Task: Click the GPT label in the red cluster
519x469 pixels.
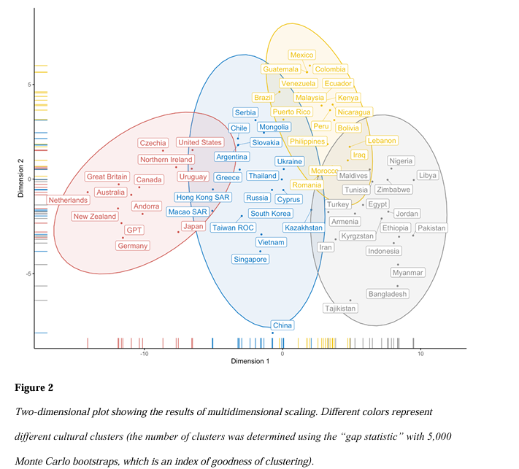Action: click(134, 229)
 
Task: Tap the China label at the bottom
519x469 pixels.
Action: click(282, 325)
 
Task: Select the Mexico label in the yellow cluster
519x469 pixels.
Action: click(301, 55)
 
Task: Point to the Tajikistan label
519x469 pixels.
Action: click(340, 309)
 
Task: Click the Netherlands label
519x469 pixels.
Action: click(67, 199)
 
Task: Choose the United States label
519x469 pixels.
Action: click(200, 143)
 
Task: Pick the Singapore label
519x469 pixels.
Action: click(250, 259)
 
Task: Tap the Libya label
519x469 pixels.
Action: click(428, 175)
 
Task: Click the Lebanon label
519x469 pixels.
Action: click(382, 141)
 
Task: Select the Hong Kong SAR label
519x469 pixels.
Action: click(203, 197)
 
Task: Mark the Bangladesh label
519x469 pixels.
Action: click(388, 294)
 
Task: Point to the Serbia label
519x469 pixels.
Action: click(245, 112)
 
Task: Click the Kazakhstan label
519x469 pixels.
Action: click(304, 228)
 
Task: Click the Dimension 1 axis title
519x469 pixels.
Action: click(250, 362)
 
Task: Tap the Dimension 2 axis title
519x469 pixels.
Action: click(21, 179)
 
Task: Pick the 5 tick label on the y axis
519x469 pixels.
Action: click(30, 85)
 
